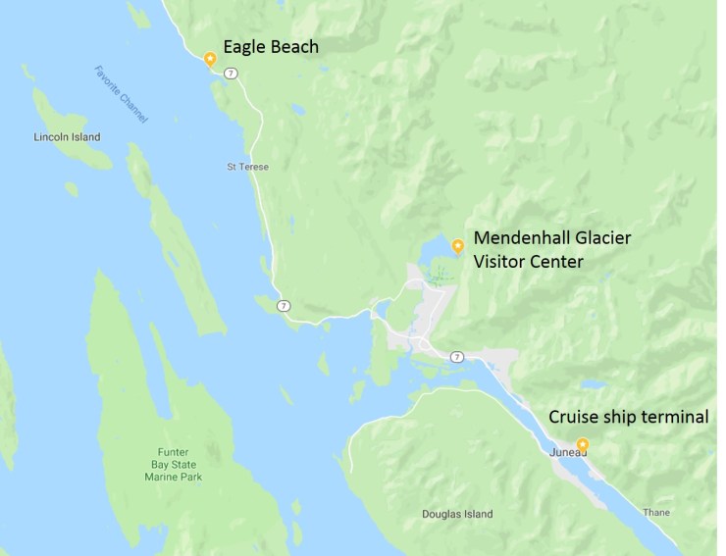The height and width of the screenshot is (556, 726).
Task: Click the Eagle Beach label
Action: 271,46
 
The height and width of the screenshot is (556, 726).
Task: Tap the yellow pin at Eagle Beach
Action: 209,58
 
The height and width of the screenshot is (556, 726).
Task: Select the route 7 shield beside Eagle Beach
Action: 229,74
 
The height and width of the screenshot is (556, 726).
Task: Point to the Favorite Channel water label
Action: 122,94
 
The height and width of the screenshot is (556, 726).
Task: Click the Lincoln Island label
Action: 67,137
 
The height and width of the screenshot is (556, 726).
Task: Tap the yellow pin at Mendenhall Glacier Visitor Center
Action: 456,244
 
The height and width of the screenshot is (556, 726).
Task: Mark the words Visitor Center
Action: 528,262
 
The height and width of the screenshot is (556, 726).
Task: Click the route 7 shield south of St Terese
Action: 283,306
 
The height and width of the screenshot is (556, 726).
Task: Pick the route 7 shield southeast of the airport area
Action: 456,355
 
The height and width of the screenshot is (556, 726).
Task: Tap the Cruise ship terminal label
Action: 628,417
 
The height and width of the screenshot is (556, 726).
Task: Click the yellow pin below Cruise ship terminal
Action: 583,443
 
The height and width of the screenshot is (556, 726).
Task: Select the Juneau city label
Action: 567,451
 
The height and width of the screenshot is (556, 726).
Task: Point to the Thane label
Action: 656,512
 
